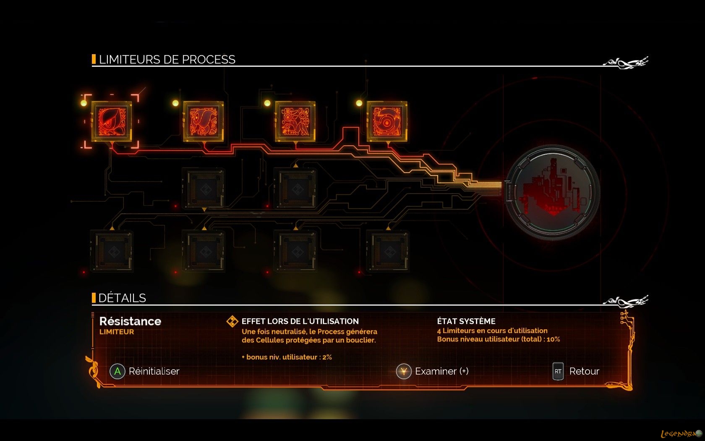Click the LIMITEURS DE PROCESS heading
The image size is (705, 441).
(167, 60)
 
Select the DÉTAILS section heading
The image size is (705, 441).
(122, 298)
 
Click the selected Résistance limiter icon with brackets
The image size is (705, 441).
(112, 121)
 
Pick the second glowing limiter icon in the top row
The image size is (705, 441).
(204, 121)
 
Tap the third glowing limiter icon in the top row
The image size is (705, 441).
(295, 121)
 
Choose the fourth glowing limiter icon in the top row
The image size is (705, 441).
(387, 121)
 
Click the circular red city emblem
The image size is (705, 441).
(552, 192)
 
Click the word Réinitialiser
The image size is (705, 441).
(154, 371)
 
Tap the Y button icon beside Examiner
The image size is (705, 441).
(404, 371)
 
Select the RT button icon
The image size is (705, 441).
(558, 371)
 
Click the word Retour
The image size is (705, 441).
(584, 371)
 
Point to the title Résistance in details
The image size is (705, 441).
(130, 321)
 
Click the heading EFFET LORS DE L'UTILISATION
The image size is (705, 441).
(300, 321)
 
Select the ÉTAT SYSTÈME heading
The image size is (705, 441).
(466, 321)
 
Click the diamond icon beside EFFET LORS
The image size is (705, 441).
(232, 321)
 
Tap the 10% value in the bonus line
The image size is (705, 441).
(553, 339)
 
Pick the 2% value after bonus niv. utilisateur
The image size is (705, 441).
(327, 357)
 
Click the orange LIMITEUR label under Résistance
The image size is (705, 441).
(117, 332)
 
